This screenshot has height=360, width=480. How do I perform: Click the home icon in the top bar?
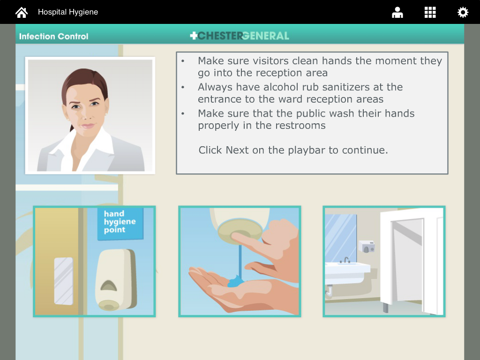coord(22,12)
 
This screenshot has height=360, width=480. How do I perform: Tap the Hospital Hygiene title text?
coord(68,12)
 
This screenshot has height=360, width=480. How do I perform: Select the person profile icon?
coord(397,13)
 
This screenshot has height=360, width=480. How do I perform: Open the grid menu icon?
coord(430,13)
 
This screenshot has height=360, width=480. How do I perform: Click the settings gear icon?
coord(463,13)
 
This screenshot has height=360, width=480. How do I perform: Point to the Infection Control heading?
coord(53,36)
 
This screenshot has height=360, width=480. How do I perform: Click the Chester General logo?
coord(240,36)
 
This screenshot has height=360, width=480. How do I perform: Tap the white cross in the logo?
coord(194,36)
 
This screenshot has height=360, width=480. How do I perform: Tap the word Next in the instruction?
coord(238,150)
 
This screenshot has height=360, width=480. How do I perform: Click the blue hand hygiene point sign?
coord(120,223)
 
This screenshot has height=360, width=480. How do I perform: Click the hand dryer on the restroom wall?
coord(367,246)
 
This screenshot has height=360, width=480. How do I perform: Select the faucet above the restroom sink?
coord(346,260)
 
